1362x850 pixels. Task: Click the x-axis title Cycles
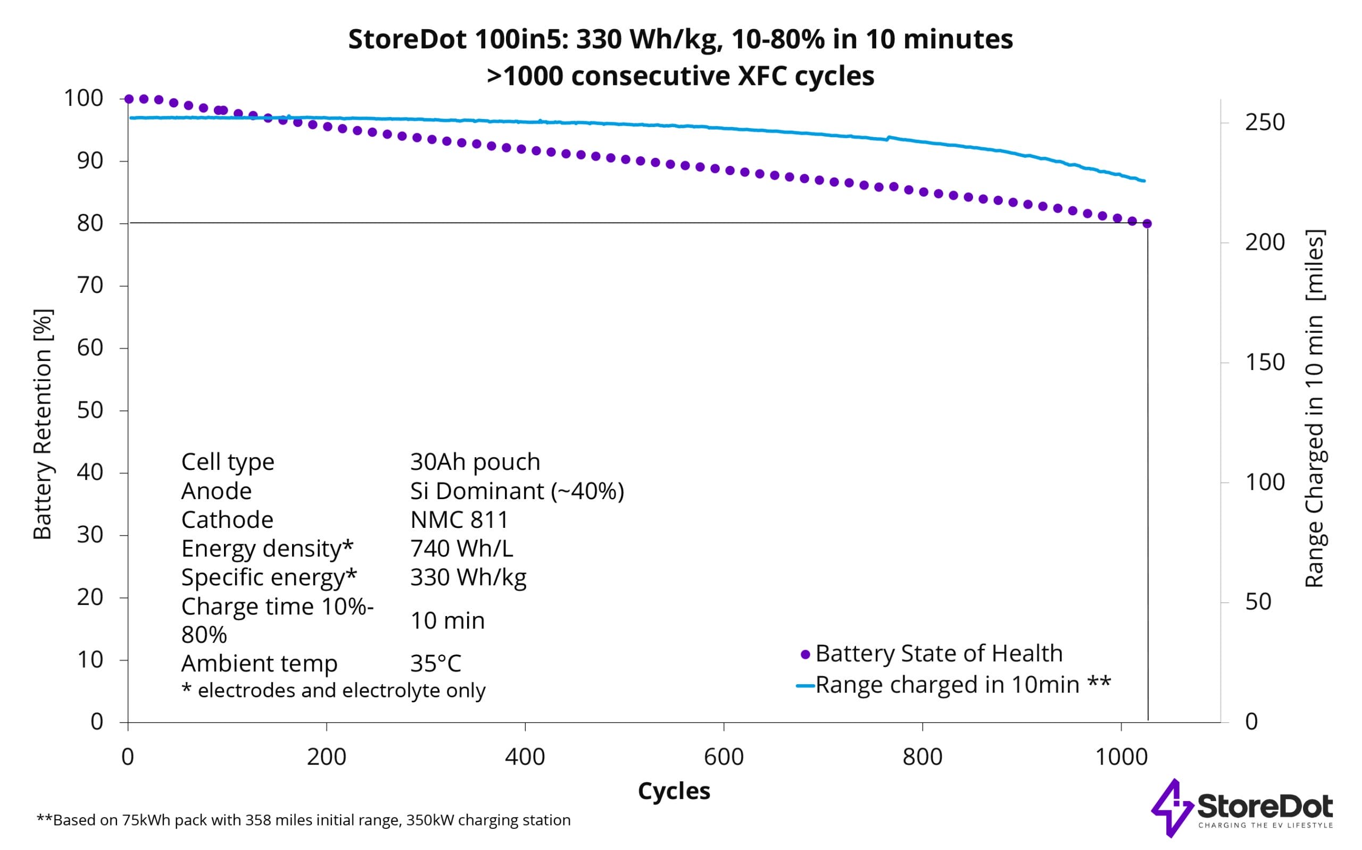674,791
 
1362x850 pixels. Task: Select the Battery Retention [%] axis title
43,424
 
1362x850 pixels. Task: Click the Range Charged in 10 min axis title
1314,409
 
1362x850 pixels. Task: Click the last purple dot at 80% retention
1147,224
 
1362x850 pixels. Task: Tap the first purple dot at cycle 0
129,99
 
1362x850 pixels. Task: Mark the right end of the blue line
1144,181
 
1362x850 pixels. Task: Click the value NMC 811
459,519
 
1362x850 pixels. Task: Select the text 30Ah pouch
475,461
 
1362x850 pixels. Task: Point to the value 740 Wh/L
461,548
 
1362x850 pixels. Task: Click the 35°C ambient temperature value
435,664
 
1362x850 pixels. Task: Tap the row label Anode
216,491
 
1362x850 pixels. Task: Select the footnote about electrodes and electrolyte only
333,691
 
